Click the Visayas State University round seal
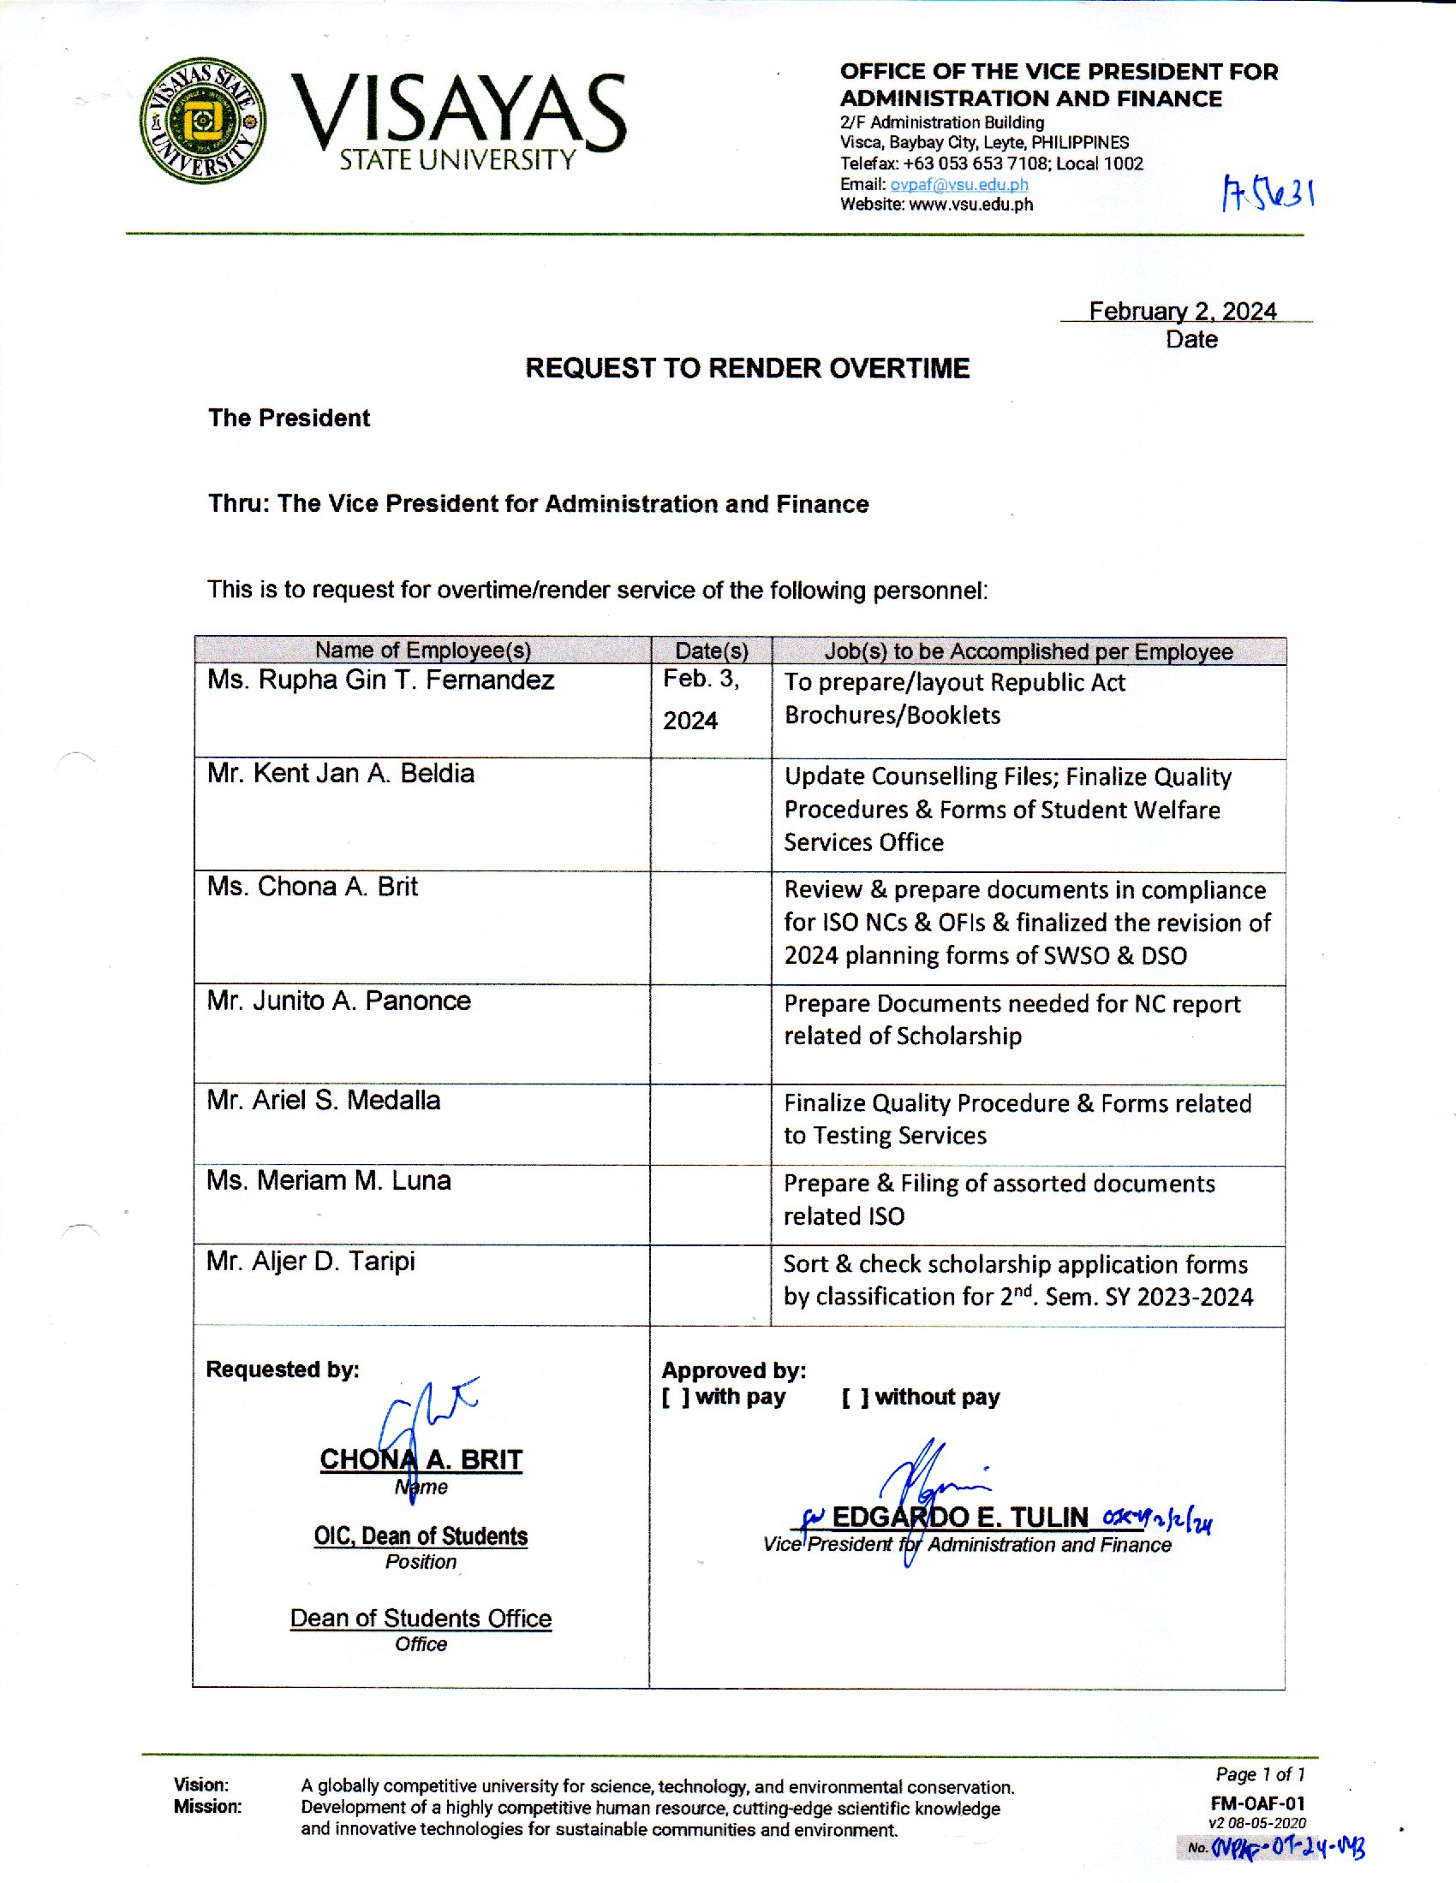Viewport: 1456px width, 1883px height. (x=203, y=120)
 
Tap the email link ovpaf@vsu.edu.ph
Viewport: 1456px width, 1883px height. (x=958, y=185)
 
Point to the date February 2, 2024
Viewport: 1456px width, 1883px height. (x=1182, y=312)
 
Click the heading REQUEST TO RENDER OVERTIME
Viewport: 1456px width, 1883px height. (x=747, y=369)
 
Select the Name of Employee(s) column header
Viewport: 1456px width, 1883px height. (x=422, y=650)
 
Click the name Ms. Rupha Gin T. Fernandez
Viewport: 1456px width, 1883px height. (x=380, y=680)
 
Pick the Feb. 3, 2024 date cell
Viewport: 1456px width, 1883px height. (x=701, y=699)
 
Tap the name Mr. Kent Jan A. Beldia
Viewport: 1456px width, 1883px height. (x=341, y=774)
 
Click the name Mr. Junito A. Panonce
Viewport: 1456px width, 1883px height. (x=339, y=1001)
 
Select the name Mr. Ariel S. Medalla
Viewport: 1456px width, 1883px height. (x=324, y=1101)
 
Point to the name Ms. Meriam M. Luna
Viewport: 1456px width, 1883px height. (x=329, y=1181)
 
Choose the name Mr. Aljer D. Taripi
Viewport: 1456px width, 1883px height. (x=311, y=1262)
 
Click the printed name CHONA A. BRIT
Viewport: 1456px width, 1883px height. (x=421, y=1459)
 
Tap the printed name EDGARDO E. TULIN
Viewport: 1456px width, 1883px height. (x=959, y=1518)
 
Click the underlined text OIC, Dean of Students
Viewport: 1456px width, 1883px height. (x=420, y=1536)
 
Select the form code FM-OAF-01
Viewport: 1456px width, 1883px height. (x=1256, y=1803)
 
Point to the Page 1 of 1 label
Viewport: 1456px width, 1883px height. (x=1259, y=1775)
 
